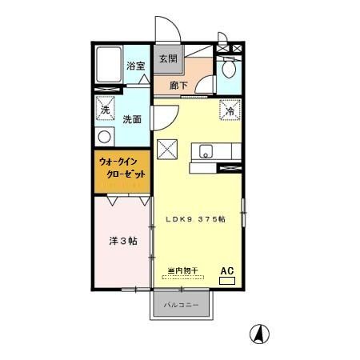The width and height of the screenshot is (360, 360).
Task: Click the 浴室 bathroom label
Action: pyautogui.click(x=135, y=66)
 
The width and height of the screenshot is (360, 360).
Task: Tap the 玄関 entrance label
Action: pyautogui.click(x=167, y=58)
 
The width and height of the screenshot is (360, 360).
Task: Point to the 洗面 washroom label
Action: pyautogui.click(x=132, y=119)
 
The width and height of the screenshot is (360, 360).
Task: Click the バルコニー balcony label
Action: pyautogui.click(x=182, y=305)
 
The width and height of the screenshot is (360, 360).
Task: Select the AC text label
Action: pyautogui.click(x=227, y=269)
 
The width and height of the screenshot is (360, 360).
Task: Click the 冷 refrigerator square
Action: pyautogui.click(x=229, y=110)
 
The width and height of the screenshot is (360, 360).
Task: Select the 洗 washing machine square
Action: pyautogui.click(x=105, y=110)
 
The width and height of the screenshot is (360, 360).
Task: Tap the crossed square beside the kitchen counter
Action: pyautogui.click(x=167, y=147)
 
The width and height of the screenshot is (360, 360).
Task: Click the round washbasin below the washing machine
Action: pyautogui.click(x=104, y=136)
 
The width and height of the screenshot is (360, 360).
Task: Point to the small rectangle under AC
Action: pyautogui.click(x=227, y=280)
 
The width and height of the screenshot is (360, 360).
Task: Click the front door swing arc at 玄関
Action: pyautogui.click(x=170, y=28)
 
